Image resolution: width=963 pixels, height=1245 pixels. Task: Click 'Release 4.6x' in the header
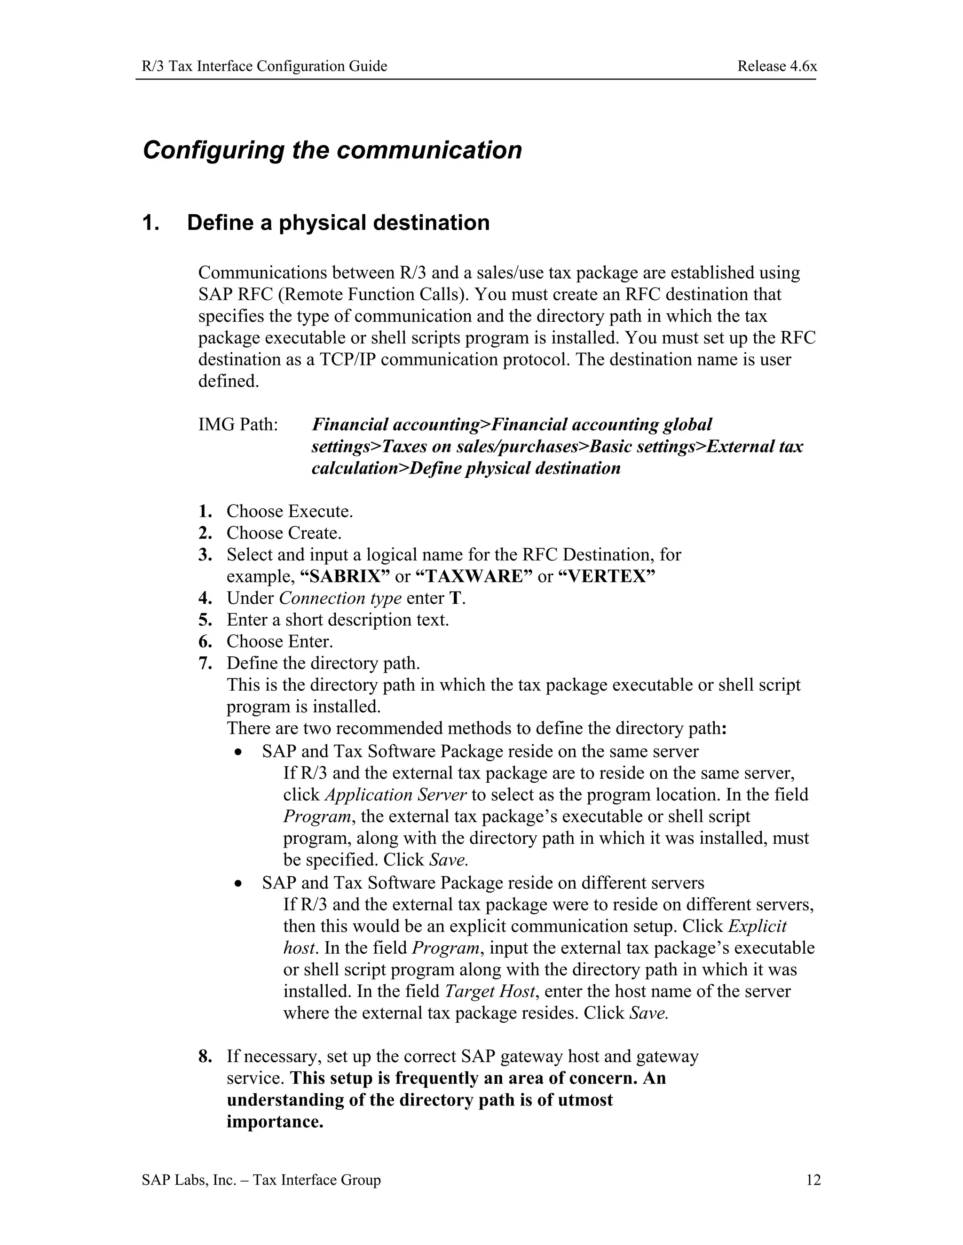click(777, 66)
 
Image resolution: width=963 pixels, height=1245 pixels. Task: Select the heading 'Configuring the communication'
click(332, 150)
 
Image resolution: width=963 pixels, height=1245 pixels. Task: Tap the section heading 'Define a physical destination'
click(338, 222)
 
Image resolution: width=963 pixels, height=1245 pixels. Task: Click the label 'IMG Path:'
click(238, 425)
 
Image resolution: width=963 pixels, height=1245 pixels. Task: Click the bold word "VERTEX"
click(606, 576)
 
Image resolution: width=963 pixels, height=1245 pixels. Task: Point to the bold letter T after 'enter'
click(455, 598)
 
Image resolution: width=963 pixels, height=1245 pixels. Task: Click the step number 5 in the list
click(205, 620)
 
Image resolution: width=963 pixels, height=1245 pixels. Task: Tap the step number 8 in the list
click(205, 1056)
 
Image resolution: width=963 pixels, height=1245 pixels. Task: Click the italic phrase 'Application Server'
click(395, 794)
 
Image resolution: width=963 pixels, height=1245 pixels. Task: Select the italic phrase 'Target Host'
click(490, 991)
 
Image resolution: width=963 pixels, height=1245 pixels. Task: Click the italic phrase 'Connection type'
click(340, 598)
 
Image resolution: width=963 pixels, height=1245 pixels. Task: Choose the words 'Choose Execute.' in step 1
click(289, 511)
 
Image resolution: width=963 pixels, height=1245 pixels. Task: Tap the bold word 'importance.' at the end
click(275, 1121)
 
